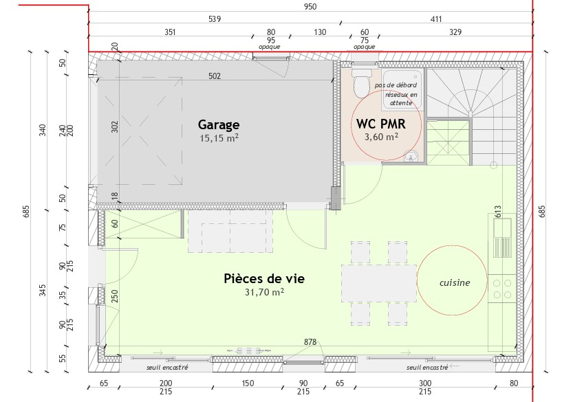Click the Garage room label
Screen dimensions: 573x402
219,125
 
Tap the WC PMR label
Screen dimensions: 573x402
381,124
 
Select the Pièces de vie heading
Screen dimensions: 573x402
264,278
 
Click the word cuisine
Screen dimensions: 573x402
455,282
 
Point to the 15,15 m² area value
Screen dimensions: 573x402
219,138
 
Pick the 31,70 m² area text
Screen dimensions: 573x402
264,292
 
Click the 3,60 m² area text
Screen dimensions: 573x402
381,137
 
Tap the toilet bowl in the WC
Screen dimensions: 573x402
361,83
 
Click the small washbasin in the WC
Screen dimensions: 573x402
411,157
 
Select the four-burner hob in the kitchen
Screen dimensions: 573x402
502,289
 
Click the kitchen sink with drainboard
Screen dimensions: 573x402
502,238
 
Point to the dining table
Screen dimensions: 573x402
379,283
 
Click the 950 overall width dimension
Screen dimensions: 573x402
310,7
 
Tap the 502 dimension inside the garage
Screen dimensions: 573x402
215,76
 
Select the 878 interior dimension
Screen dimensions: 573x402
310,342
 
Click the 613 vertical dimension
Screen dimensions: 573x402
498,212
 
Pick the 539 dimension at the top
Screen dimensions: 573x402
215,19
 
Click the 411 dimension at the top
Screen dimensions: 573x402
436,19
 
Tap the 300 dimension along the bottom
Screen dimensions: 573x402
425,383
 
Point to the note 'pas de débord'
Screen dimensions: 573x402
396,85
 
